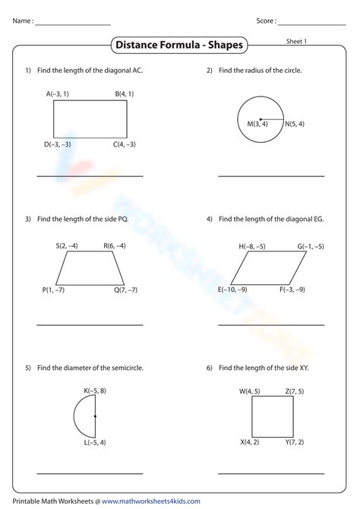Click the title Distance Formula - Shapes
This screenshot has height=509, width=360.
click(179, 46)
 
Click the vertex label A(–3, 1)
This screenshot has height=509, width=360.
click(58, 94)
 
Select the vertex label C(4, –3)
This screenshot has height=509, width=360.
click(125, 144)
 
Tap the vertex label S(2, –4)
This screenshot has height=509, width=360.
click(67, 245)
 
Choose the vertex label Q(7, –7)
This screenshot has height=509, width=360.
click(126, 290)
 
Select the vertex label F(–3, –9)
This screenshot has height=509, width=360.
click(292, 289)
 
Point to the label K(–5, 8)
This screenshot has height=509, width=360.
click(95, 390)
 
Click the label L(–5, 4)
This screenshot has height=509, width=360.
click(95, 443)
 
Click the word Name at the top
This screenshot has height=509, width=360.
click(22, 21)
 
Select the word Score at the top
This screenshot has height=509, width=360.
click(265, 21)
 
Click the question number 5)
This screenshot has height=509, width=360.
click(28, 368)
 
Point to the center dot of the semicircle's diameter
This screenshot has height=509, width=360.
click(95, 416)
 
